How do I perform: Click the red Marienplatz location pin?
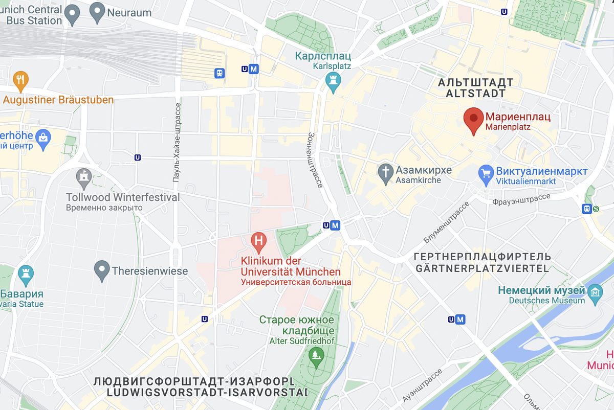click(473, 120)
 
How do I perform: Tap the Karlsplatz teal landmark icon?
click(333, 82)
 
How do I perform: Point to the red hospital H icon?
click(259, 241)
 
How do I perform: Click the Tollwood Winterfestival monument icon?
click(83, 177)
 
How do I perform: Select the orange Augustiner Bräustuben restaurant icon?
click(20, 80)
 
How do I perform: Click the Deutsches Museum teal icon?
click(595, 292)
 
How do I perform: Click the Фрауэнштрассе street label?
click(521, 199)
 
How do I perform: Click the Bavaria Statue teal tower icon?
click(25, 275)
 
